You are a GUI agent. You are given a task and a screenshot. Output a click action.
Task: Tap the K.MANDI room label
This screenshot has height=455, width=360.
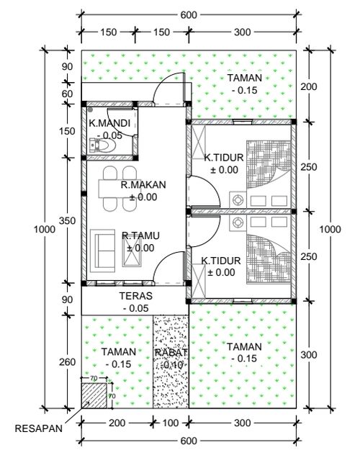[109, 123]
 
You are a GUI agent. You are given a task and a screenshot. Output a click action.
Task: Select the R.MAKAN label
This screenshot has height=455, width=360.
[143, 185]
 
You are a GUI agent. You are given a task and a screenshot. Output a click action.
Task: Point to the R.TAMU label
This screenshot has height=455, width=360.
[140, 235]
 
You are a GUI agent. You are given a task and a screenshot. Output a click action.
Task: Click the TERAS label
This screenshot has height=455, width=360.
[136, 296]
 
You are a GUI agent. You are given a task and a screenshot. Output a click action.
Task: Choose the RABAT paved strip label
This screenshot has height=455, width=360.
[171, 353]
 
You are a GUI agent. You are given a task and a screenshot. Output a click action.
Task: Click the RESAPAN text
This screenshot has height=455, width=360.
[39, 428]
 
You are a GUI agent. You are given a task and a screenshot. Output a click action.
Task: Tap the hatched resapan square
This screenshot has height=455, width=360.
[94, 395]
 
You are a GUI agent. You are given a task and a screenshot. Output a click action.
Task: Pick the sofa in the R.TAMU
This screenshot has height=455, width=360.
[102, 251]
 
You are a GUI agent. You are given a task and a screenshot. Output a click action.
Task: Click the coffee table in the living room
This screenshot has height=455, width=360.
[132, 252]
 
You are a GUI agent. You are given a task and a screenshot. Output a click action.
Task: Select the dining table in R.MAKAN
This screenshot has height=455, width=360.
[120, 189]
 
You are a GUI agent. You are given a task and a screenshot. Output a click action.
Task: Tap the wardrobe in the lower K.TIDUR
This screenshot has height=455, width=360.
[199, 281]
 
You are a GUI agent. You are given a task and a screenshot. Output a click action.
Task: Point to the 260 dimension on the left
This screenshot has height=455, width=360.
[67, 362]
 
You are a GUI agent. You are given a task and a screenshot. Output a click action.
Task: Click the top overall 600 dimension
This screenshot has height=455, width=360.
[189, 15]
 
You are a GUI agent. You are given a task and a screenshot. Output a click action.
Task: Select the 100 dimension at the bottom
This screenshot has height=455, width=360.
[171, 423]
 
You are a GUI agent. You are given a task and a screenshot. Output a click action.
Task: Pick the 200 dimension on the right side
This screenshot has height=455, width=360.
[309, 86]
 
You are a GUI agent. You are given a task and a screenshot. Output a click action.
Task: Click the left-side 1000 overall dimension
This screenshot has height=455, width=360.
[45, 229]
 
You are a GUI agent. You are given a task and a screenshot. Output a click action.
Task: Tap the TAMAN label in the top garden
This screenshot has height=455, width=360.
[245, 78]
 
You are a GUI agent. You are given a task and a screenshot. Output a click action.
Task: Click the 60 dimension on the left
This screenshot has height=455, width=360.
[67, 94]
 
